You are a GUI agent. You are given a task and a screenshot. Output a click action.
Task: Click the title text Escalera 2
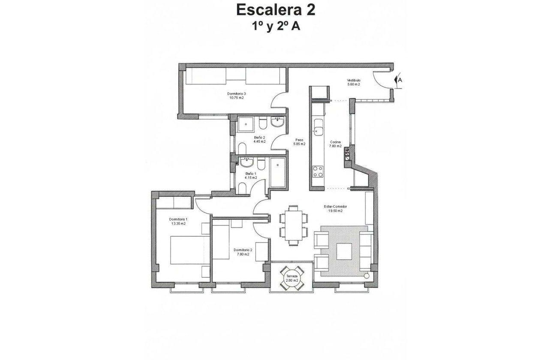click(276, 10)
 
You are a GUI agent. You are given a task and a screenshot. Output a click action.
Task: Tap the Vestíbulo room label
click(353, 81)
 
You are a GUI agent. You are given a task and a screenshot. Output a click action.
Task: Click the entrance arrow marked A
click(398, 80)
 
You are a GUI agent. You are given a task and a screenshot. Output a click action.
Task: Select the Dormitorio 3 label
click(236, 93)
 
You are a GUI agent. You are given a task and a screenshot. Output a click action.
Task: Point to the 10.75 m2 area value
click(236, 98)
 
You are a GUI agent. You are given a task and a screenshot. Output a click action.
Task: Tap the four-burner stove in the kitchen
click(318, 171)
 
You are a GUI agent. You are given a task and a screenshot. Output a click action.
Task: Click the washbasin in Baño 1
click(247, 162)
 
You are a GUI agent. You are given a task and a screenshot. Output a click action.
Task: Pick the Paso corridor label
click(299, 140)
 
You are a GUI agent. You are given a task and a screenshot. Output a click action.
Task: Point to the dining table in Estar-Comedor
click(294, 225)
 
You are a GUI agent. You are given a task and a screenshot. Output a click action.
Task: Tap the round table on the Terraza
click(292, 277)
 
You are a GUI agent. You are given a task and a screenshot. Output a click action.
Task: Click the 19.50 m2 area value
click(335, 211)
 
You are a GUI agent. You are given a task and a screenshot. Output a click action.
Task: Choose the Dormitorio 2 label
click(243, 250)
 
